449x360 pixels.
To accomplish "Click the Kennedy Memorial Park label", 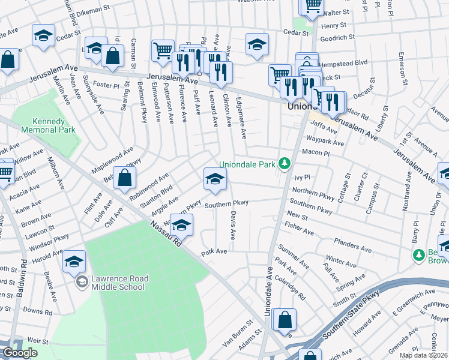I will tap(51, 125).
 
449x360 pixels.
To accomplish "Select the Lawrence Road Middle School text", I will tap(118, 283).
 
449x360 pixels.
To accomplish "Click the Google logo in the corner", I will tap(20, 353).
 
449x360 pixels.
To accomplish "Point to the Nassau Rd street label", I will tap(166, 235).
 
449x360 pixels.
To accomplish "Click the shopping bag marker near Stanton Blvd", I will tap(124, 178).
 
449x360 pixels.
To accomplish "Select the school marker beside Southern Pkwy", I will tap(215, 179).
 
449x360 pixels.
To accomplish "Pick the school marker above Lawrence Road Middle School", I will tap(74, 261).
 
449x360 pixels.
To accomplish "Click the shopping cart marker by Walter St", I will tap(311, 5).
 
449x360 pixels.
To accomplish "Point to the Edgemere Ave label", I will tap(241, 118).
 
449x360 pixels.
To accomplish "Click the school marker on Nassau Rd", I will tap(181, 224).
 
